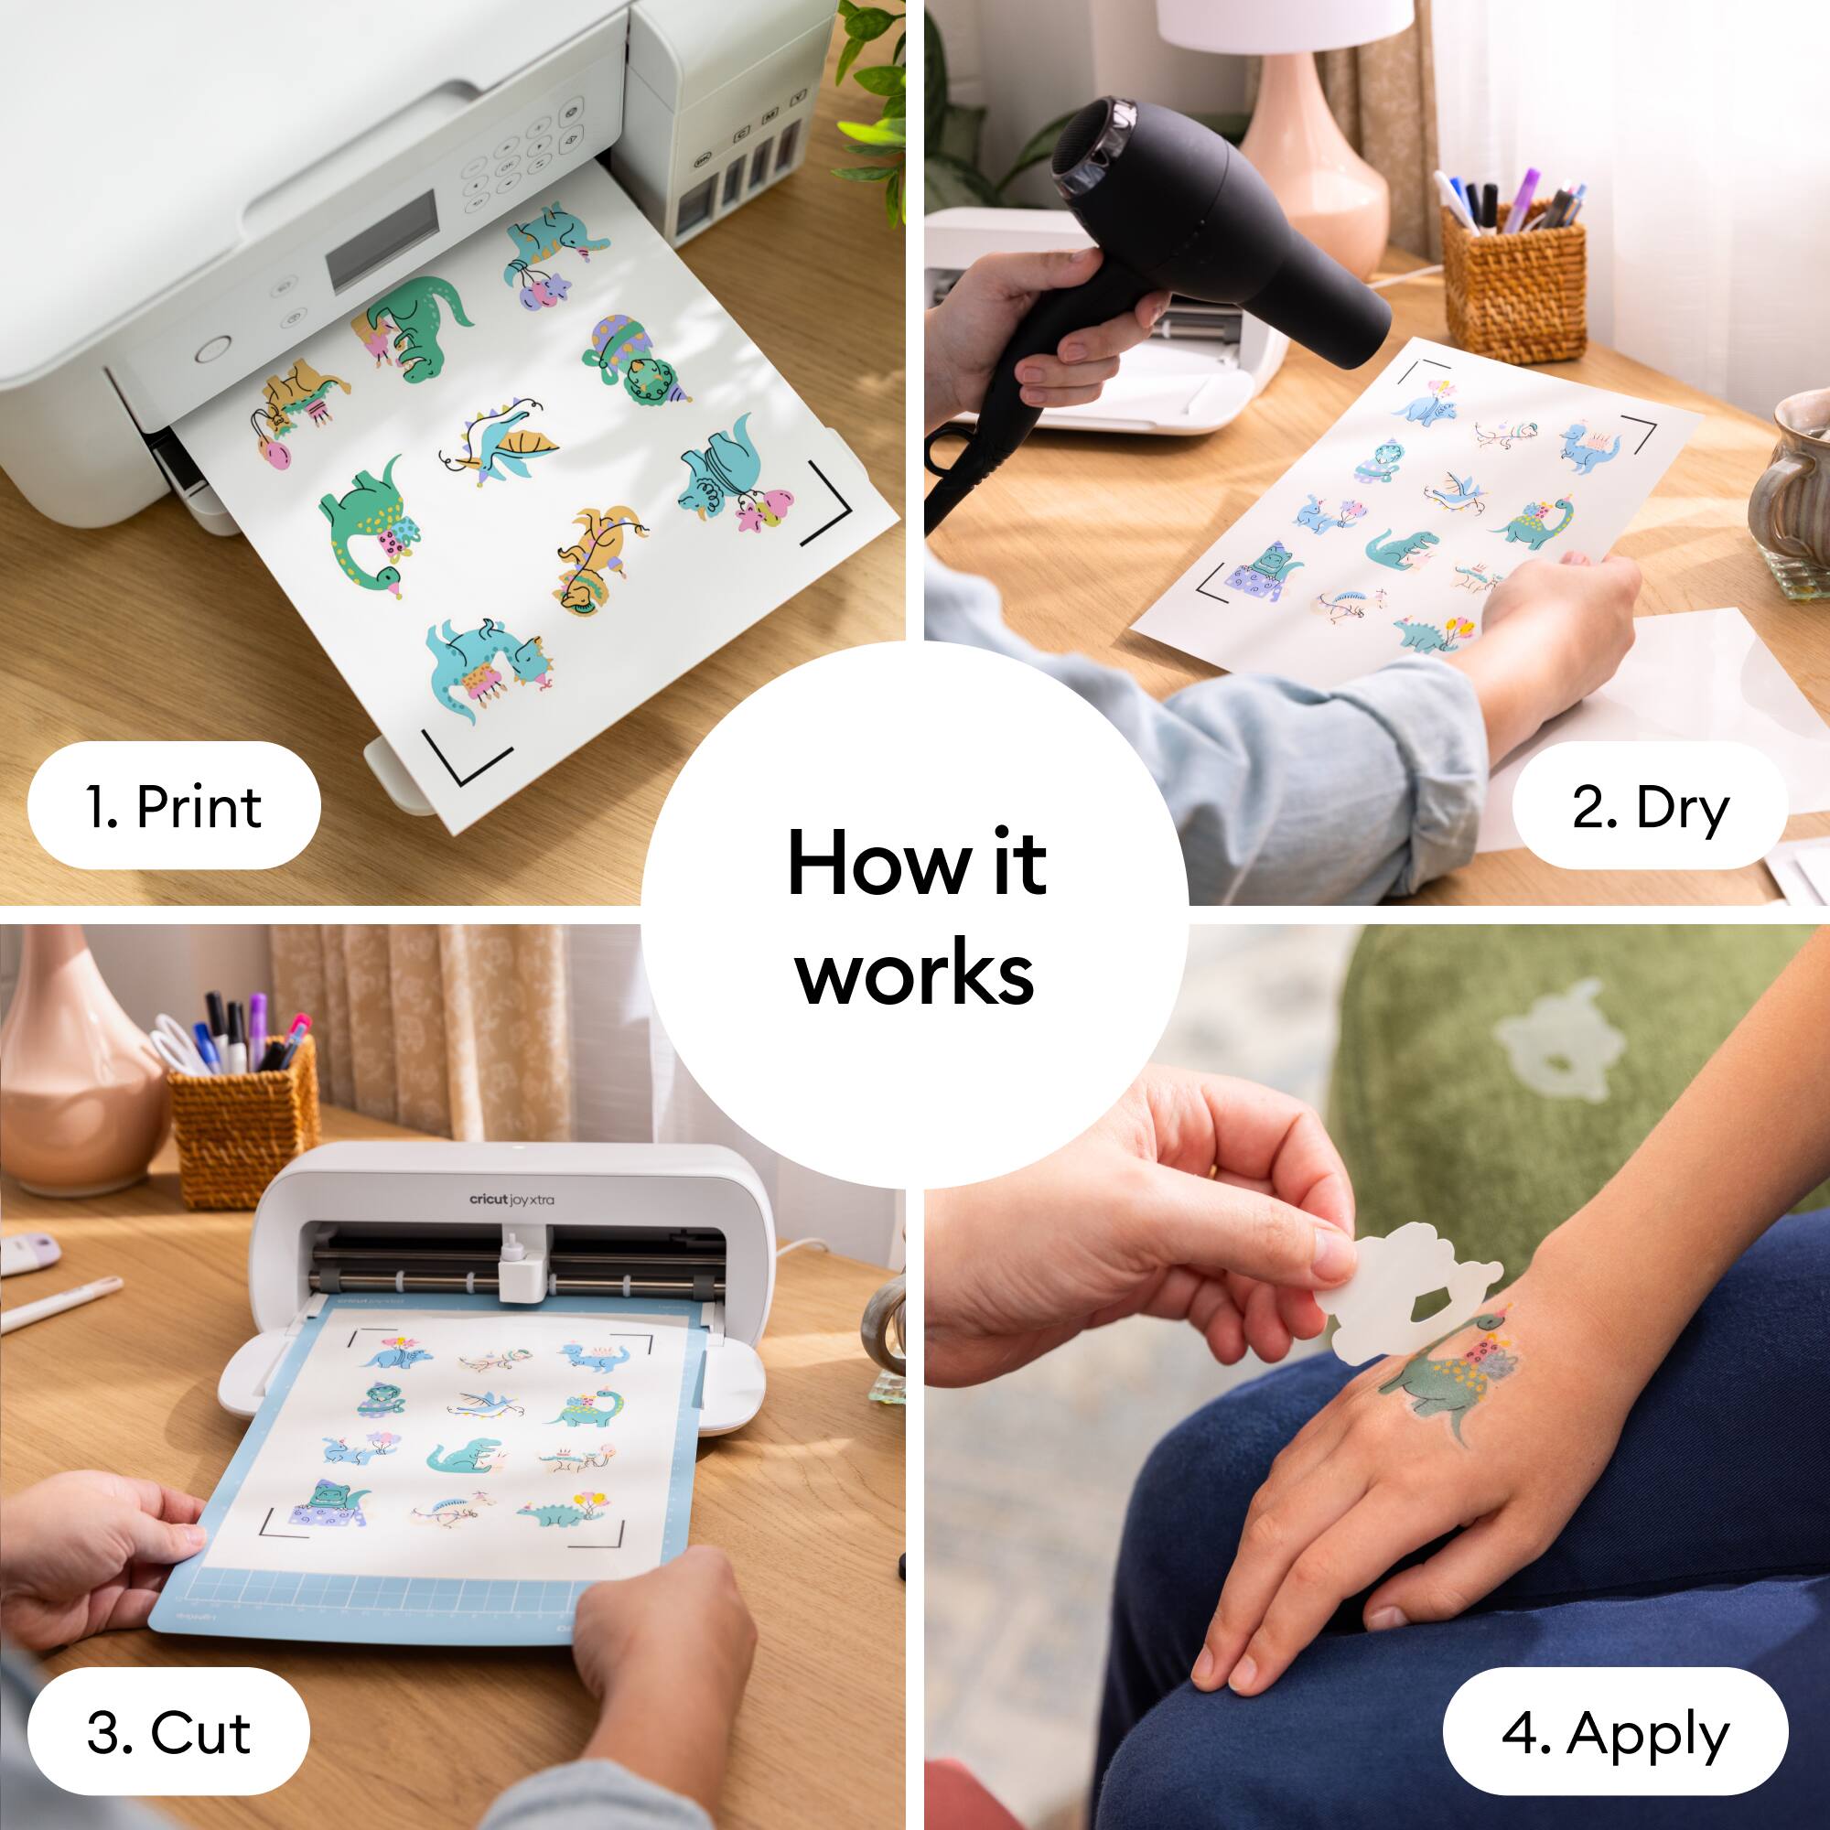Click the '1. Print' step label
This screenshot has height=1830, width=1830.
[174, 806]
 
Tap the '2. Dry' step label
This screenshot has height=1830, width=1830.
[1649, 808]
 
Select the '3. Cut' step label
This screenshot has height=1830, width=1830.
[168, 1732]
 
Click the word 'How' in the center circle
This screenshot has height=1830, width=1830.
[876, 863]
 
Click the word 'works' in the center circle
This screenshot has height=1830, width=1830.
[915, 974]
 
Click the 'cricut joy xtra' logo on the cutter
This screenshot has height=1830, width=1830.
[511, 1200]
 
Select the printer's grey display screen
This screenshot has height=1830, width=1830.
[382, 242]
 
